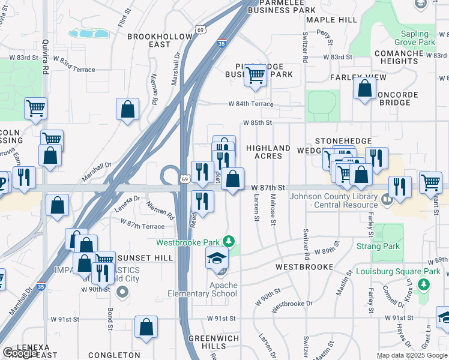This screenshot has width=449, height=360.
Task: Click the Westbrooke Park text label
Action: coord(188,242)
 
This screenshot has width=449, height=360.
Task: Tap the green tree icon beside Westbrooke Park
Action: coord(228,241)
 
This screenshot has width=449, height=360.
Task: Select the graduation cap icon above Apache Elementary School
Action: coord(217,259)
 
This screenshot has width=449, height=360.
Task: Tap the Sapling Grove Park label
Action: coord(415,38)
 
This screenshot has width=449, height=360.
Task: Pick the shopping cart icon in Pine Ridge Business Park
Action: coord(255,76)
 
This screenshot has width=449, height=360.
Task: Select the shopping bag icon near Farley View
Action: coord(364,89)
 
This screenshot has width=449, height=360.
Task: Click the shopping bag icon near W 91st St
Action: coord(146,327)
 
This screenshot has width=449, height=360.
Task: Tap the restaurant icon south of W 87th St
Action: coord(202,201)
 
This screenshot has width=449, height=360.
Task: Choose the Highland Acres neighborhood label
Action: coord(268,152)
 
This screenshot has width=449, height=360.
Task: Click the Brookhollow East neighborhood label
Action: coord(160,41)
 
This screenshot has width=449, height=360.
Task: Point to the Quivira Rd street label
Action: coord(45,57)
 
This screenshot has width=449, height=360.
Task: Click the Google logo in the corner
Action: coord(20,353)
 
